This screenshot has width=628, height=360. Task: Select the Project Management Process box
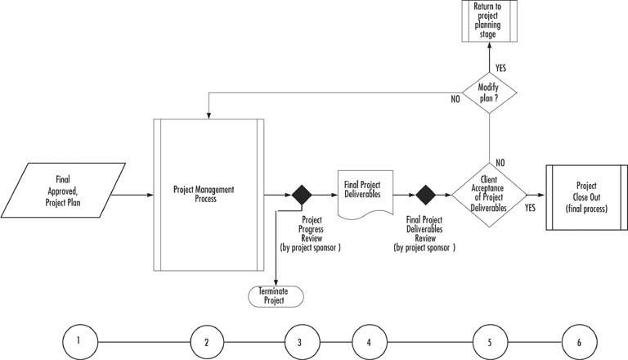tap(208, 195)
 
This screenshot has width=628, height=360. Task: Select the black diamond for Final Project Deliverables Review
tap(426, 196)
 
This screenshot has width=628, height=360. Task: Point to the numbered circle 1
tap(77, 340)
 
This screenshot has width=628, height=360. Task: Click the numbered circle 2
tap(207, 340)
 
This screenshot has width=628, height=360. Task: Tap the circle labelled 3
tap(300, 340)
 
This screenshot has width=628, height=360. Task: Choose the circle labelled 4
tap(369, 340)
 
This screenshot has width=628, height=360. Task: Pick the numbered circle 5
tap(490, 340)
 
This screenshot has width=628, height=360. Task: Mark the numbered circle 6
tap(580, 340)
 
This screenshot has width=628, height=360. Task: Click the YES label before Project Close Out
tap(530, 209)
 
